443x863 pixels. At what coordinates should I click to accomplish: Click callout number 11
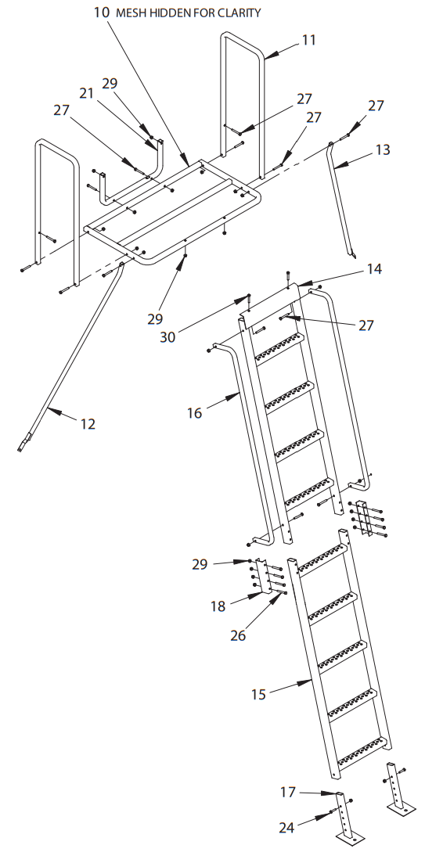(308, 39)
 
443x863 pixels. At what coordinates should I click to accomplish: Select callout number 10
(101, 13)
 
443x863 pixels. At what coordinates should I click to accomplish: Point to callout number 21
(86, 93)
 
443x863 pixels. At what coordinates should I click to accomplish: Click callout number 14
(374, 268)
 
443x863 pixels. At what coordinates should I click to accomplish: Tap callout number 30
(168, 337)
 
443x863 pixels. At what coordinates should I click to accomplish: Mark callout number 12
(88, 423)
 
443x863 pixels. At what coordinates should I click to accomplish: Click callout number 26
(238, 635)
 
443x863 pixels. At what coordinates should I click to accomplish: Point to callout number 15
(259, 693)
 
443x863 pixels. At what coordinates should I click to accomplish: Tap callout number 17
(288, 793)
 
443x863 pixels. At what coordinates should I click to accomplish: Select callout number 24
(287, 828)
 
